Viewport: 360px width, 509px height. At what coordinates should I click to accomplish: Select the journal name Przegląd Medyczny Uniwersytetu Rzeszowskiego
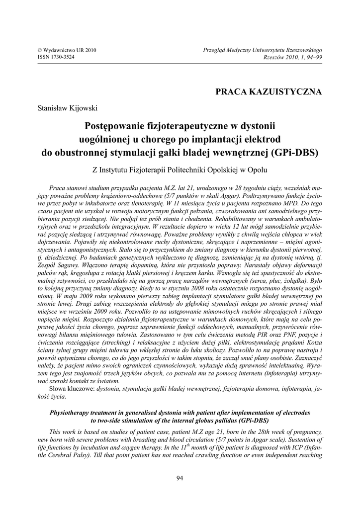(263, 50)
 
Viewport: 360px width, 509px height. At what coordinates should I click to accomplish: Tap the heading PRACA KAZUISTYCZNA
(269, 91)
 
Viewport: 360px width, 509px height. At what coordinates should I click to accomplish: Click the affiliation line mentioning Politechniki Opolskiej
(180, 169)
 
